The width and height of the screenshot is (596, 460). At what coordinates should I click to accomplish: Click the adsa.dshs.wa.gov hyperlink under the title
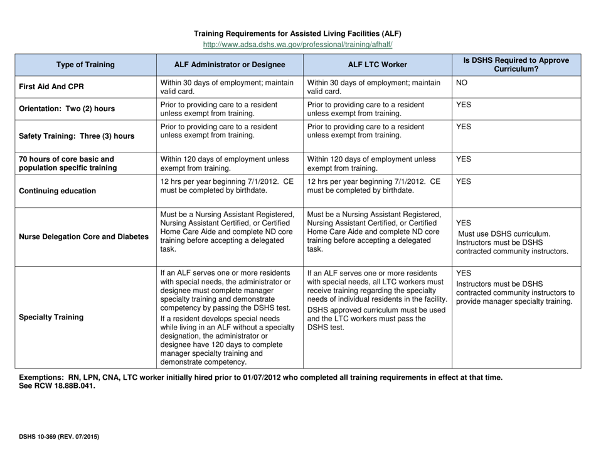(297, 45)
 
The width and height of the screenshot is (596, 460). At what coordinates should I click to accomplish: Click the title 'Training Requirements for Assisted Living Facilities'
(297, 33)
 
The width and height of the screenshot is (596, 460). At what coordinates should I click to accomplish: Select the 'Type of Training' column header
(85, 64)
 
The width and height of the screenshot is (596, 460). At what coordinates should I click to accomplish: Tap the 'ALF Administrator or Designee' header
(230, 64)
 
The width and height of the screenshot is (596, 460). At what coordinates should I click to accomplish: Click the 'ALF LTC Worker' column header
(377, 64)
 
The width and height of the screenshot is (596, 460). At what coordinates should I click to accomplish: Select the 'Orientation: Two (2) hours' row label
(67, 108)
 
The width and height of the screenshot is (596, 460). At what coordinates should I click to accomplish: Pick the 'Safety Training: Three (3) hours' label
(77, 134)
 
